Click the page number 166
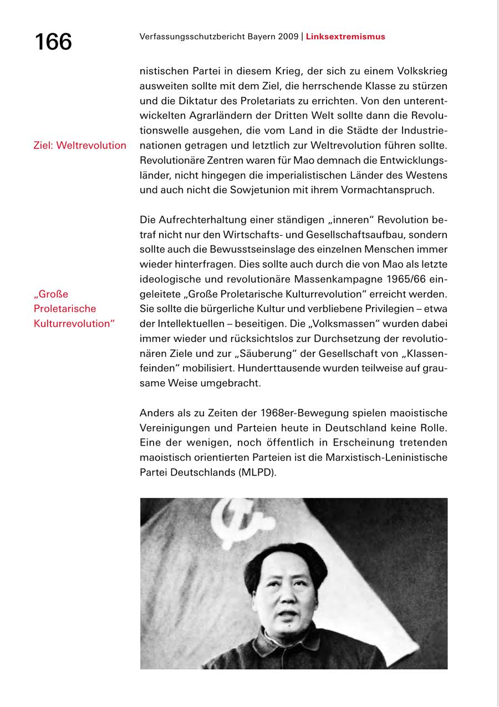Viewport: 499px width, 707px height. (x=53, y=42)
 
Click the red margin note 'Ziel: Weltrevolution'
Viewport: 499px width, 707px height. (x=80, y=146)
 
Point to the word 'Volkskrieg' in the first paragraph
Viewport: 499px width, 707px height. (x=419, y=71)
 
